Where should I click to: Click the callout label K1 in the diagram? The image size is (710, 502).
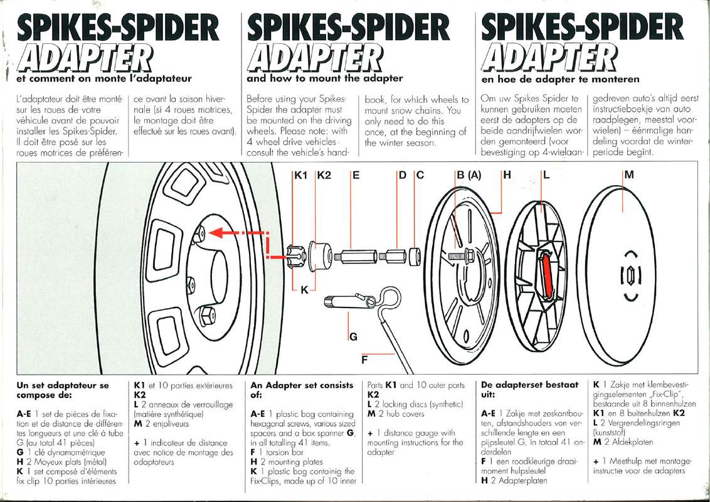point(302,176)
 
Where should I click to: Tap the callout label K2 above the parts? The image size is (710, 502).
point(324,176)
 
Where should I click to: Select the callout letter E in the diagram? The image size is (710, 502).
point(356,176)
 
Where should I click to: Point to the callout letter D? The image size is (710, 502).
point(403,176)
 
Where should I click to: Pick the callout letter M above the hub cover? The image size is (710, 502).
point(629,176)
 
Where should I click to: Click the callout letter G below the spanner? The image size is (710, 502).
point(353,337)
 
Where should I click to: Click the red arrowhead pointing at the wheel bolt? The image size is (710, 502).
point(215,233)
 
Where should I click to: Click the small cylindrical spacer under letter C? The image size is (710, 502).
point(415,257)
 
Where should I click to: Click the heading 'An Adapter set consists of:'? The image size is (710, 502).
point(301,390)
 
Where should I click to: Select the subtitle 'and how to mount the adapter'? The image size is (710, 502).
point(325,78)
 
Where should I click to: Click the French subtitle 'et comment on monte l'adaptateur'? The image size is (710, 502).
point(104,78)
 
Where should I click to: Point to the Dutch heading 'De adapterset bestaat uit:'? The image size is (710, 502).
point(529,390)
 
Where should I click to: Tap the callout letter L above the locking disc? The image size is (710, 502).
point(546,176)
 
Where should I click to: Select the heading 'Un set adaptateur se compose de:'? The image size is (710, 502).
point(63,390)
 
